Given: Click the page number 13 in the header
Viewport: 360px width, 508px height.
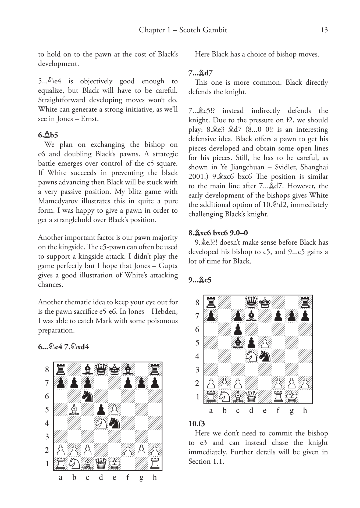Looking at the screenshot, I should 324,30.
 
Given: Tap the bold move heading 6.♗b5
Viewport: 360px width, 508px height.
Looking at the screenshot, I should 48,135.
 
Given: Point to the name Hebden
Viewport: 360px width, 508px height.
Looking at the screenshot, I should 164,311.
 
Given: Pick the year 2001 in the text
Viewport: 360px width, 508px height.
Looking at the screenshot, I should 197,177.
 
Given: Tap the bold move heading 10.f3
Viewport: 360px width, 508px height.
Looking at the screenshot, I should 197,424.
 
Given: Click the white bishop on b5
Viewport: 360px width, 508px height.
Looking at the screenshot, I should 74,410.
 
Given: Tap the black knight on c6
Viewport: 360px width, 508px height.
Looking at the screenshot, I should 87,396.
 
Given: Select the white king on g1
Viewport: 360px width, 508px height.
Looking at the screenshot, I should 291,397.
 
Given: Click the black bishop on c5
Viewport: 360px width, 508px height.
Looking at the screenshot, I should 238,343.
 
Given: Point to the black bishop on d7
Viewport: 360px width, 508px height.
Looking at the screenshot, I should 251,316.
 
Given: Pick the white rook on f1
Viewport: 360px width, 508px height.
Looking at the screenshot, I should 278,397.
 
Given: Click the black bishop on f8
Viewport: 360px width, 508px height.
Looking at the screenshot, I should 128,369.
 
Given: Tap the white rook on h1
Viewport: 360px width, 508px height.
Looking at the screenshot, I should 155,463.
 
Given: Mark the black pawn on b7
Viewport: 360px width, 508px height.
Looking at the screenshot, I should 74,383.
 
